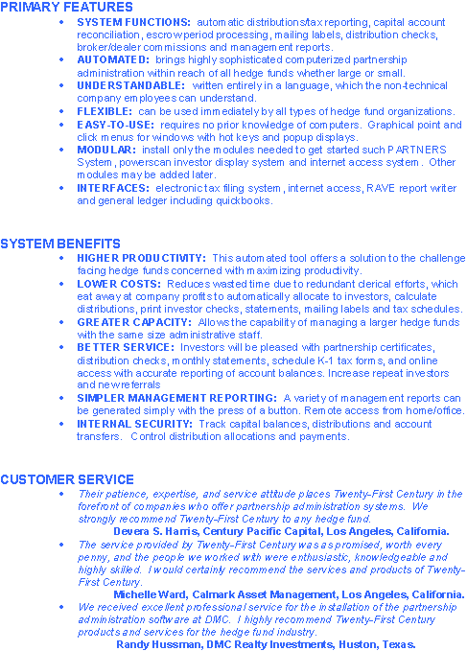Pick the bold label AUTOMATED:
click(x=112, y=59)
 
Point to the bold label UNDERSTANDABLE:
click(x=130, y=85)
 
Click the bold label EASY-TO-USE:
click(x=116, y=124)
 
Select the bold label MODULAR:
click(x=106, y=150)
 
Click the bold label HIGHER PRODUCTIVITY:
click(x=141, y=258)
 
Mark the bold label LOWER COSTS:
click(x=118, y=284)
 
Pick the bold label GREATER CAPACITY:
click(x=133, y=322)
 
